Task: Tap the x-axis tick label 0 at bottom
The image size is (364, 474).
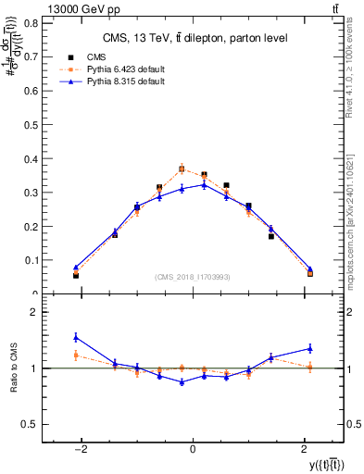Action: (192, 449)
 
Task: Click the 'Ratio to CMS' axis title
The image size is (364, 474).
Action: (12, 368)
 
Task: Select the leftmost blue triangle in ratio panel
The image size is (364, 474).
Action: (76, 337)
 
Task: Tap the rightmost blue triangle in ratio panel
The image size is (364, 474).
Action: (310, 348)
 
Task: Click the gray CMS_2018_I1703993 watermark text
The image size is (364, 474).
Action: (193, 277)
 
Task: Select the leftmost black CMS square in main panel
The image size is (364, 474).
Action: (76, 275)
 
